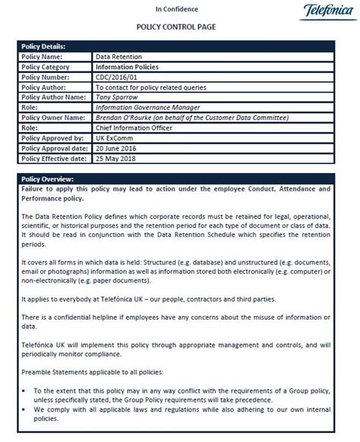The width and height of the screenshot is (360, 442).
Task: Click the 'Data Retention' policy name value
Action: (119, 57)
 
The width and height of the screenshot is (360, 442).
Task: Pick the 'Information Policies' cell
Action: (127, 67)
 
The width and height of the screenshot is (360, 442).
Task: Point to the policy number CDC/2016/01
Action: (118, 77)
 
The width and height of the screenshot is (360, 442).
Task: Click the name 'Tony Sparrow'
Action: (118, 97)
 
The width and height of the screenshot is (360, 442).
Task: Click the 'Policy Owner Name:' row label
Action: (52, 118)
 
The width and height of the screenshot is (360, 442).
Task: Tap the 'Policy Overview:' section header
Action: (49, 178)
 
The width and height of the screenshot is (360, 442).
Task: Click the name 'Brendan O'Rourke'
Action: (127, 118)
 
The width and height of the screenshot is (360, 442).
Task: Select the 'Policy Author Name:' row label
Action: (53, 97)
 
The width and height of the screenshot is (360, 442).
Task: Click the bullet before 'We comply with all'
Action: (27, 409)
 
